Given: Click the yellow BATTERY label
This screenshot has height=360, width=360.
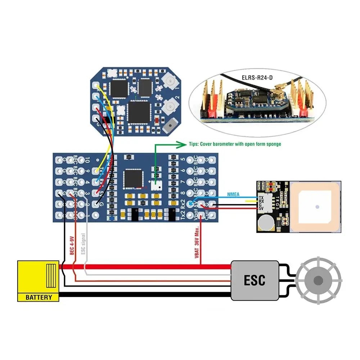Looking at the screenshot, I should tap(39, 297).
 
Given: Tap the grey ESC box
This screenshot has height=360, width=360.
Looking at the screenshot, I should tap(255, 280).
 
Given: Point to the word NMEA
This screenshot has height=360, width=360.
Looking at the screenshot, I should tap(234, 194).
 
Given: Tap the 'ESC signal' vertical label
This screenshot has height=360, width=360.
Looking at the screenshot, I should tap(83, 244).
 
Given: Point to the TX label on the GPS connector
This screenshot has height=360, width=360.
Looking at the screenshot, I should tap(261, 198).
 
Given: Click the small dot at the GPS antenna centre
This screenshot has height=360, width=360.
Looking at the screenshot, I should tap(317, 207).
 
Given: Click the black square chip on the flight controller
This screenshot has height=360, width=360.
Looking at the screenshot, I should tap(131, 179).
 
